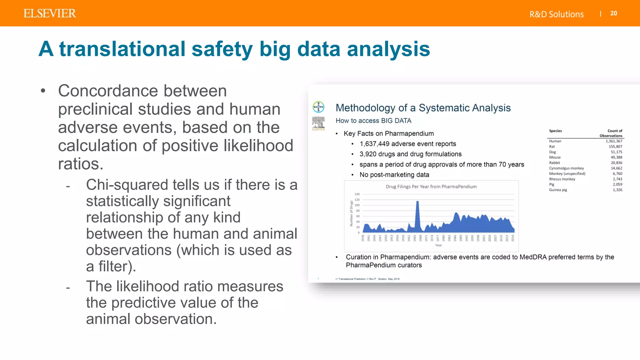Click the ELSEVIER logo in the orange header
coord(50,13)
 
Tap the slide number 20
coord(613,13)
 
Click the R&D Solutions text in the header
coord(556,14)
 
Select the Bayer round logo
coord(318,107)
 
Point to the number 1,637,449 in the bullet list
coord(374,144)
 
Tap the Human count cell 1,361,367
coord(614,141)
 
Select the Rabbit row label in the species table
coord(554,163)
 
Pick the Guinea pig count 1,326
coord(617,190)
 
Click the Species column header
coord(555,131)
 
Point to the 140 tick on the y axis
coord(357,194)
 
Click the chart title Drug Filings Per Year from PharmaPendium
coord(431,187)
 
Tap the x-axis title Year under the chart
coord(438,245)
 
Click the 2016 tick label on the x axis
coord(513,238)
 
